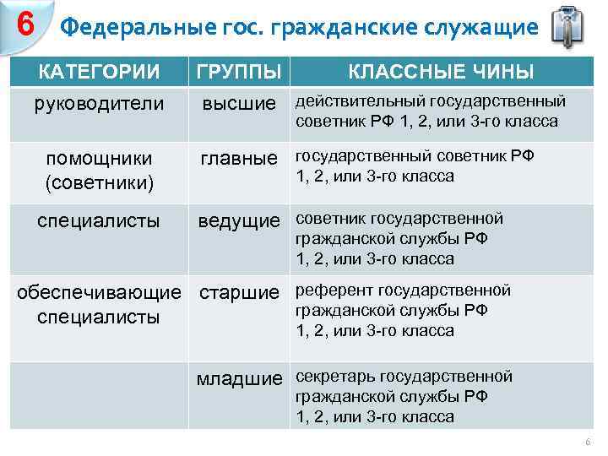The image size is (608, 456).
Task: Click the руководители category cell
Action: pos(99,104)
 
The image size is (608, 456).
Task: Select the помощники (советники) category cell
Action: pos(99,170)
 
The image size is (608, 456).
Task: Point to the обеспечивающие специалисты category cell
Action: pos(99,305)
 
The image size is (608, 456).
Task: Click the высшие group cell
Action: pos(238,104)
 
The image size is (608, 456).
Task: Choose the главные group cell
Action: pos(238,158)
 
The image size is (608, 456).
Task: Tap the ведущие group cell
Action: pos(238,221)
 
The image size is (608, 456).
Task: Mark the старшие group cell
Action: pos(238,293)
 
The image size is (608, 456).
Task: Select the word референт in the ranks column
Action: pos(334,290)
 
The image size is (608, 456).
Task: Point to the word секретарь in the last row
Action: pos(336,377)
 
